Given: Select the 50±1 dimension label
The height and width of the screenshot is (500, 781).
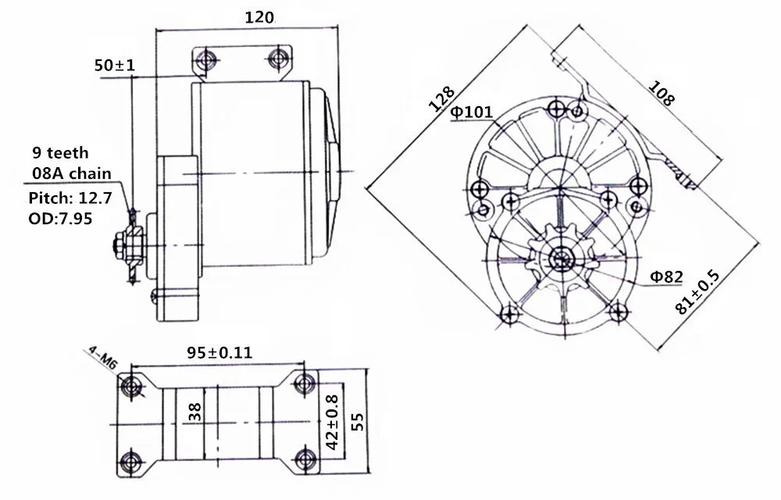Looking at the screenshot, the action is pyautogui.click(x=115, y=66).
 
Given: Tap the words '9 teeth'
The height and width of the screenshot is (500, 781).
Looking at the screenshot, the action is pyautogui.click(x=61, y=153).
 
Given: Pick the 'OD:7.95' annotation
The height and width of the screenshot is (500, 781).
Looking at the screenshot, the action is pyautogui.click(x=60, y=218).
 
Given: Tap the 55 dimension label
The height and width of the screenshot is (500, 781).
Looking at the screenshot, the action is pyautogui.click(x=358, y=422).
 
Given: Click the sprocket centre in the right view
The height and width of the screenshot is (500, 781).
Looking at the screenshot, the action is pyautogui.click(x=560, y=258).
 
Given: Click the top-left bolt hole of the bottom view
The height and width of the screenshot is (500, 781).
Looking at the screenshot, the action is pyautogui.click(x=130, y=384).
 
